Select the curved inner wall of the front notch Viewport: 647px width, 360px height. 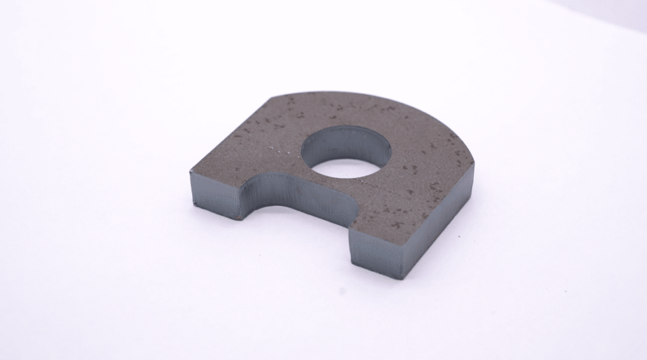tap(297, 196)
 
